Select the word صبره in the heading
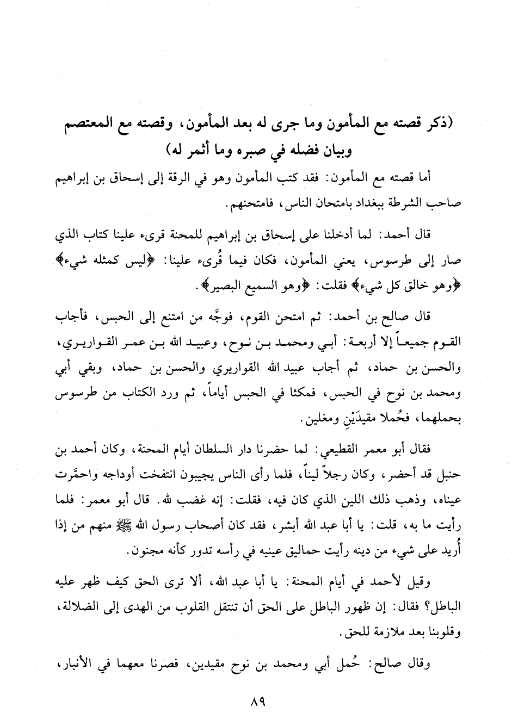(x=250, y=147)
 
